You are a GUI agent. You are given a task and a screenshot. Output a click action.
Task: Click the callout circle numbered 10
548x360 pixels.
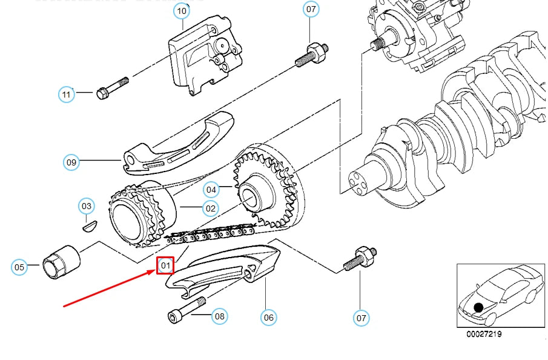click(x=182, y=10)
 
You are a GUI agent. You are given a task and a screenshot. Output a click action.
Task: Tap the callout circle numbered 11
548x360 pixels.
click(x=67, y=94)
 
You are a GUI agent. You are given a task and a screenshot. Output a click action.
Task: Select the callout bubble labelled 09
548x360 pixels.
click(x=72, y=162)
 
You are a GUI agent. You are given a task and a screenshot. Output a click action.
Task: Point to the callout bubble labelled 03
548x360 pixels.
click(x=87, y=206)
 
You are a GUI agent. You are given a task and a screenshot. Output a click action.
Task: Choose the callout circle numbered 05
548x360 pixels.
click(x=20, y=266)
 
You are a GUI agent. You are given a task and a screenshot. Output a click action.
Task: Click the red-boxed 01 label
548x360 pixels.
click(x=165, y=265)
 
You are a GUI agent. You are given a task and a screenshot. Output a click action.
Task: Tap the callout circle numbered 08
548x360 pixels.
click(x=219, y=315)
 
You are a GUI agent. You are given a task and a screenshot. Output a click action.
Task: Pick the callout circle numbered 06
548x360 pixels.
click(x=268, y=316)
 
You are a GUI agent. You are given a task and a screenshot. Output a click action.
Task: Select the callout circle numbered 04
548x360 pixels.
click(x=210, y=190)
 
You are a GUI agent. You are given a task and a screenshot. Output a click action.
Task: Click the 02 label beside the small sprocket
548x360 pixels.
click(x=210, y=208)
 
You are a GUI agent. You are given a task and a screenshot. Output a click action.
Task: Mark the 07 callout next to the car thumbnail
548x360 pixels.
click(x=361, y=316)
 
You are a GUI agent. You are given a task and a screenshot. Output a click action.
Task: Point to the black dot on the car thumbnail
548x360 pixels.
click(x=478, y=308)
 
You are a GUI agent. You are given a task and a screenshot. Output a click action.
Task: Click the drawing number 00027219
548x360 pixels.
click(x=483, y=334)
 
